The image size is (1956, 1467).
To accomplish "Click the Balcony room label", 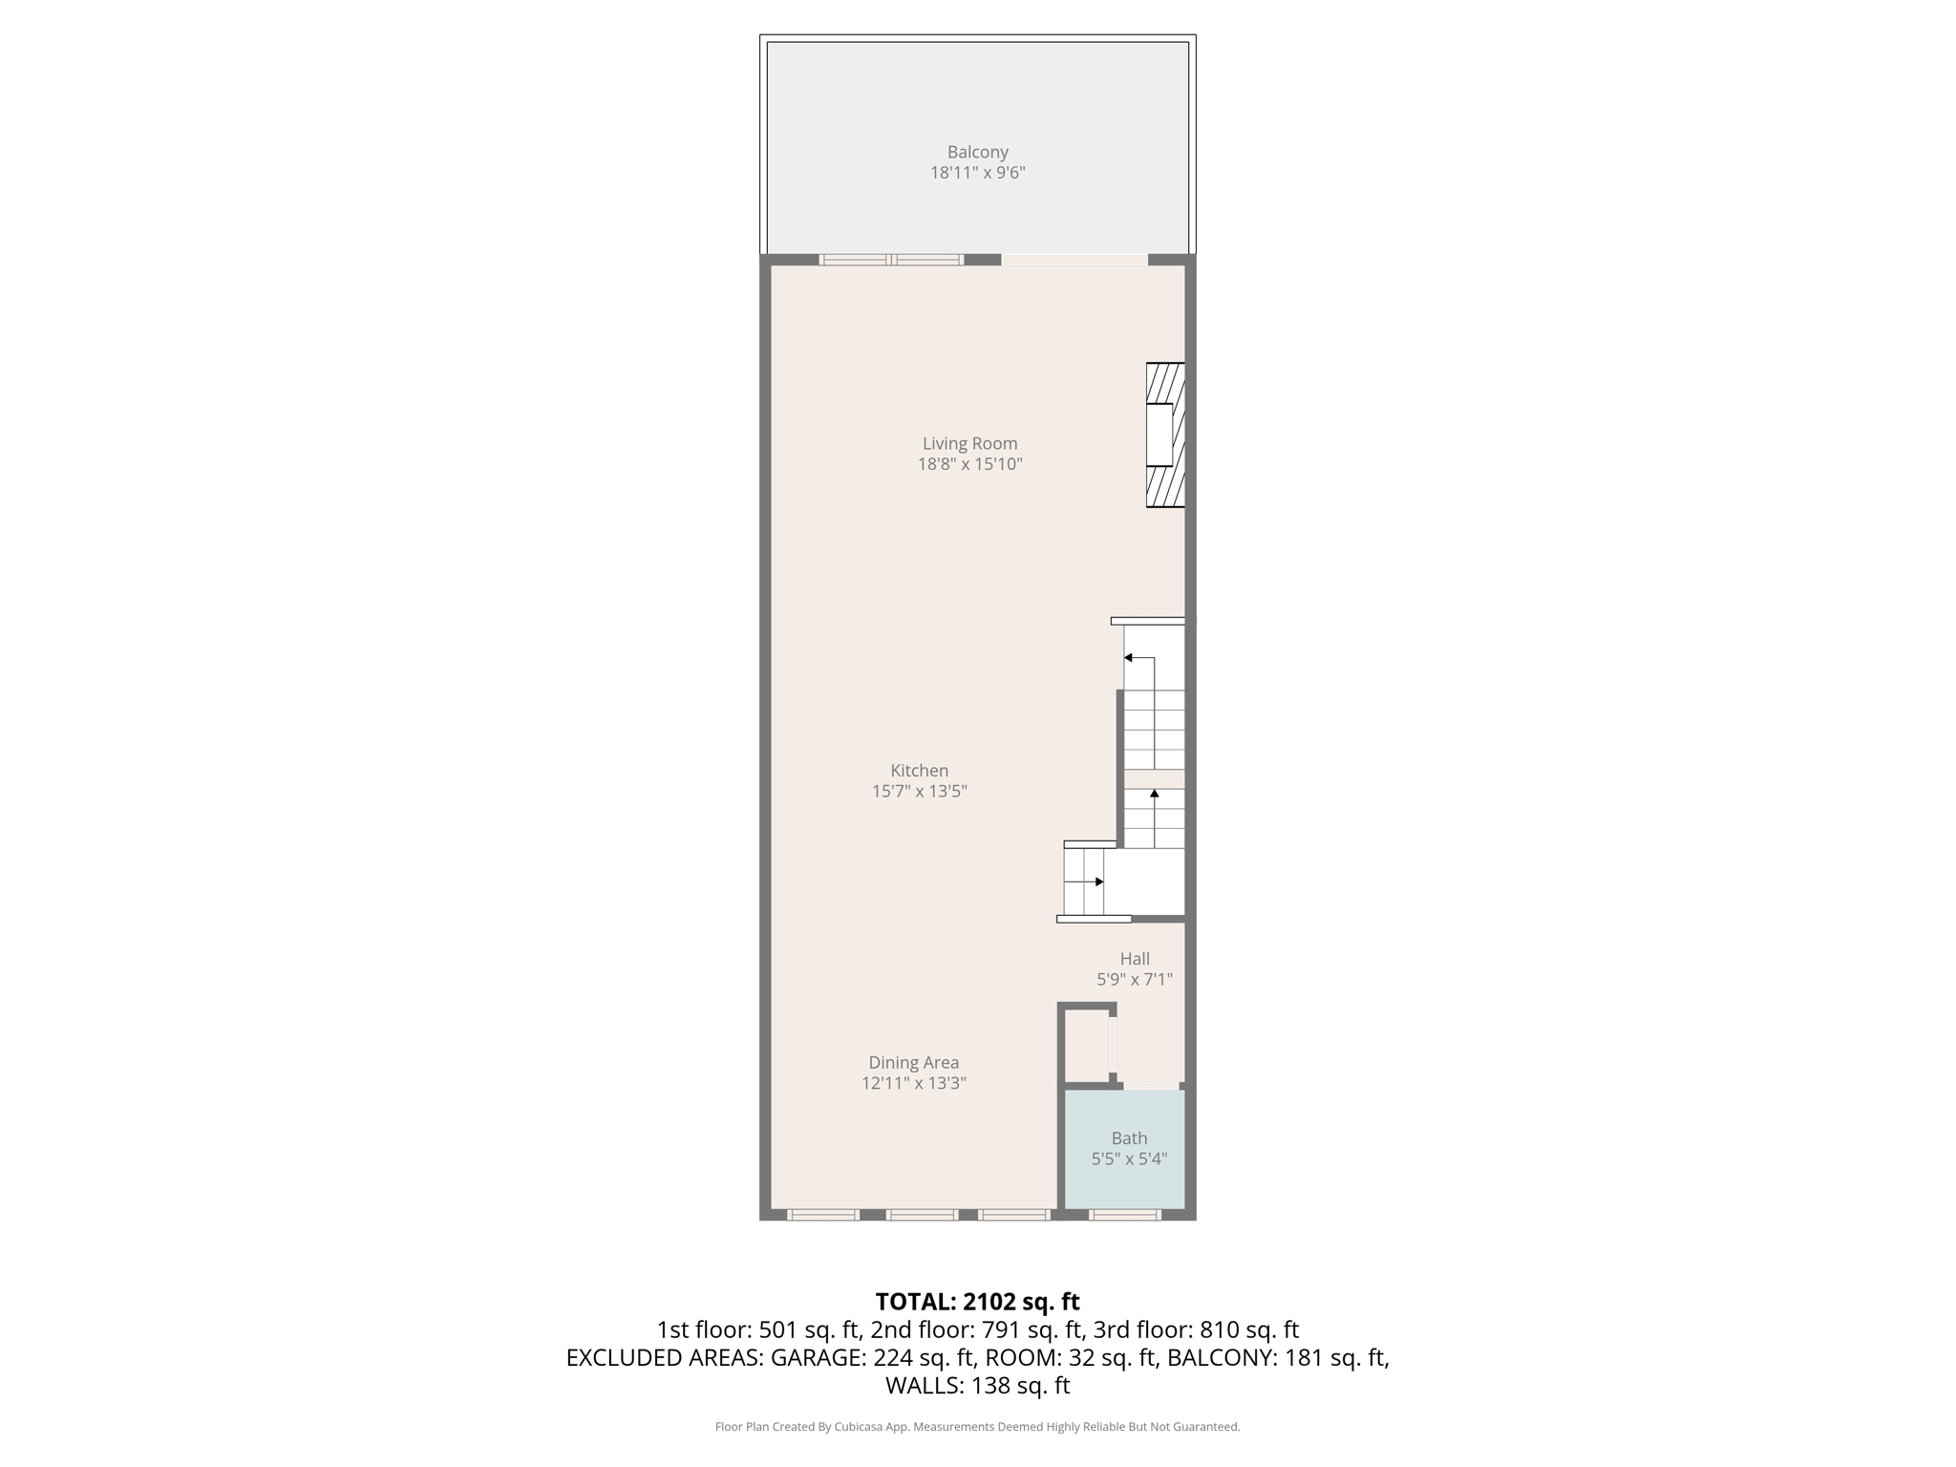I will pos(977,152).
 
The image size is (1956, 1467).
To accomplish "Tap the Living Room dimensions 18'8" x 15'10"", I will pos(969,464).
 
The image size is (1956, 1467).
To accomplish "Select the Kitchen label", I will pos(919,771).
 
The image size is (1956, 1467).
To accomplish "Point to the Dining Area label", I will pos(913,1062).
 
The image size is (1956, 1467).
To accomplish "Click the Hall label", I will pos(1135,959).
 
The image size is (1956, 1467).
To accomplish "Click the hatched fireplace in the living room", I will pos(1166,435).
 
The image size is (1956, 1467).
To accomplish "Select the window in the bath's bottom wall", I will pos(1125,1215).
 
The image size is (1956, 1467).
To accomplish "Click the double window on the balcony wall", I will pos(890,260).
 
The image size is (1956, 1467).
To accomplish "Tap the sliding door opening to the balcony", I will pos(1074,260).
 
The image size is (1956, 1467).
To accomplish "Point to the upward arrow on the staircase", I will pos(1155,795).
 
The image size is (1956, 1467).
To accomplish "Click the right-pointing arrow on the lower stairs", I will pos(1098,882).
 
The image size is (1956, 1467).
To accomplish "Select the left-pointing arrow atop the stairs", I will pos(1129,658).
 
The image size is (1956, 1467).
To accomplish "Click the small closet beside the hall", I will pos(1086,1047).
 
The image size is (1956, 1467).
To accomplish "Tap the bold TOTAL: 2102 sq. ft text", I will pos(977,1302).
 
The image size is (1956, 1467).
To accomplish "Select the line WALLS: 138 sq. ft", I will pos(977,1385).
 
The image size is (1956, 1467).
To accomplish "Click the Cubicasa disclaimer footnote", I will pos(977,1427).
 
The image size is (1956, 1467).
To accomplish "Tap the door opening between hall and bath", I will pos(1151,1086).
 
